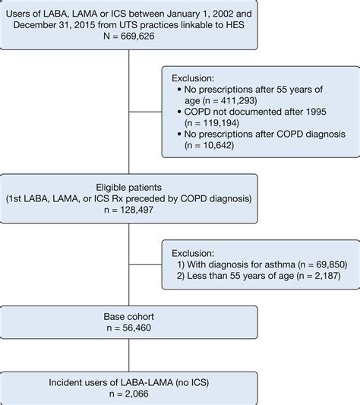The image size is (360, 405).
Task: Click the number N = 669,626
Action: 129,36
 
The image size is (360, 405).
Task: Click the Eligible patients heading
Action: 129,187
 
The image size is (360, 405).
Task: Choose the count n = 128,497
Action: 129,210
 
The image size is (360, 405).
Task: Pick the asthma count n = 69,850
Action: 322,264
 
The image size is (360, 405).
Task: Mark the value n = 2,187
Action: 318,276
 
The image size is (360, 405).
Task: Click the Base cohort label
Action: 129,316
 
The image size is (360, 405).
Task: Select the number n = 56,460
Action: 129,327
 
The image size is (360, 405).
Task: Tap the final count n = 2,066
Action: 129,394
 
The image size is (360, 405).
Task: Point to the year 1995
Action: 316,112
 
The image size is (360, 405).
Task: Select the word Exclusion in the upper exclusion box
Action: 193,78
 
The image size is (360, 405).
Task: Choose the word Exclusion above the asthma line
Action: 193,253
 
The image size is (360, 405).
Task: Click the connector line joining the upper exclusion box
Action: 145,112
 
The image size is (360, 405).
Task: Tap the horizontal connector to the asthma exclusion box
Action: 145,264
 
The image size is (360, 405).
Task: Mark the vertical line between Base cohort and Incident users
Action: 129,355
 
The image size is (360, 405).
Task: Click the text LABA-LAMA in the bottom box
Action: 147,382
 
